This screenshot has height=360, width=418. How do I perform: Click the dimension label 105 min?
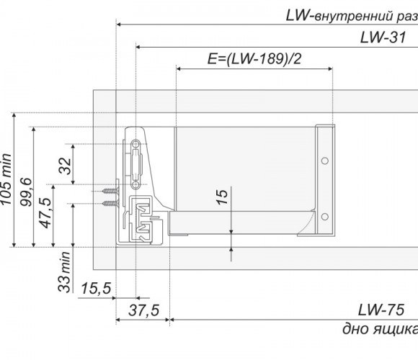(x=6, y=179)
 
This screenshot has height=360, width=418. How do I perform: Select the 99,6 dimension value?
(x=27, y=192)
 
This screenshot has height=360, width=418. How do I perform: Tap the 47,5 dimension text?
(x=45, y=212)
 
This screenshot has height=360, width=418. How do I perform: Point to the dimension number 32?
(x=66, y=166)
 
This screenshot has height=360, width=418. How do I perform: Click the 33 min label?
(x=65, y=271)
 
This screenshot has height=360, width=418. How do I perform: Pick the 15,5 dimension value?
(x=96, y=289)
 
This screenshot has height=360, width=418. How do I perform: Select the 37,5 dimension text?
(x=144, y=310)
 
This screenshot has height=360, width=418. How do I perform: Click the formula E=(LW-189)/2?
(x=254, y=59)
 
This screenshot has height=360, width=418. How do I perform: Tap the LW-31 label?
(x=383, y=37)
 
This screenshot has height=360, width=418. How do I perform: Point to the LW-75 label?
(x=381, y=310)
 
